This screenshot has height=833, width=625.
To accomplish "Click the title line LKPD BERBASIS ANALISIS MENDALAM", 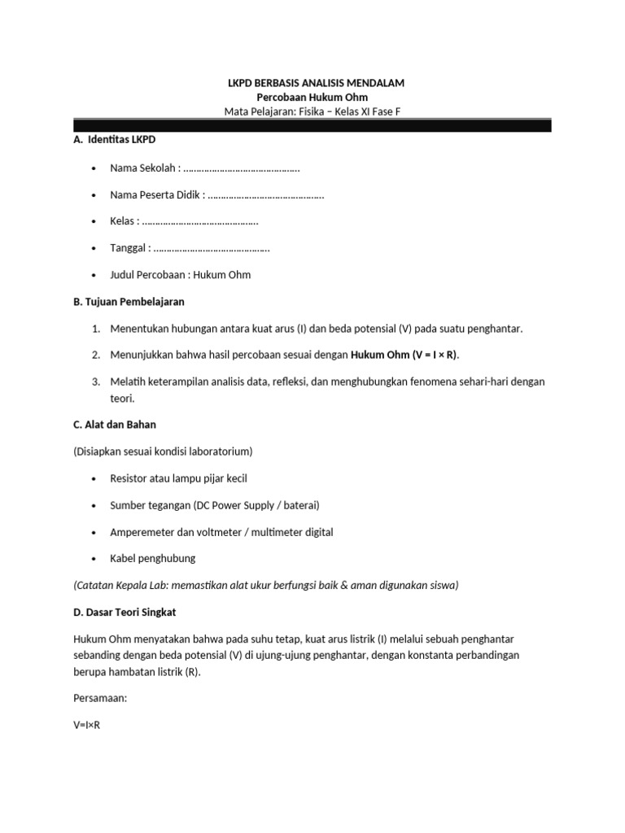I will point(313,83).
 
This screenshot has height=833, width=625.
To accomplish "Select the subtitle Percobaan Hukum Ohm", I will point(312,97).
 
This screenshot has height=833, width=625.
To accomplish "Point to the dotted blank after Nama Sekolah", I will point(242,168).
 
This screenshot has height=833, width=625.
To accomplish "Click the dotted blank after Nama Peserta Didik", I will point(266,195).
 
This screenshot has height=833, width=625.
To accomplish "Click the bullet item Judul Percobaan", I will point(181,275).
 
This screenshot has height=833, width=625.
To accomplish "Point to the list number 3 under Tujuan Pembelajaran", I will point(95,382).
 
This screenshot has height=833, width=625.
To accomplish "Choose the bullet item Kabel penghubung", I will point(153,559).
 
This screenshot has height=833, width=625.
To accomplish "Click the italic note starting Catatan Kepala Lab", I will point(265,585).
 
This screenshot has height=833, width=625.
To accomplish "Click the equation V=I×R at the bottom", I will point(86,725).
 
